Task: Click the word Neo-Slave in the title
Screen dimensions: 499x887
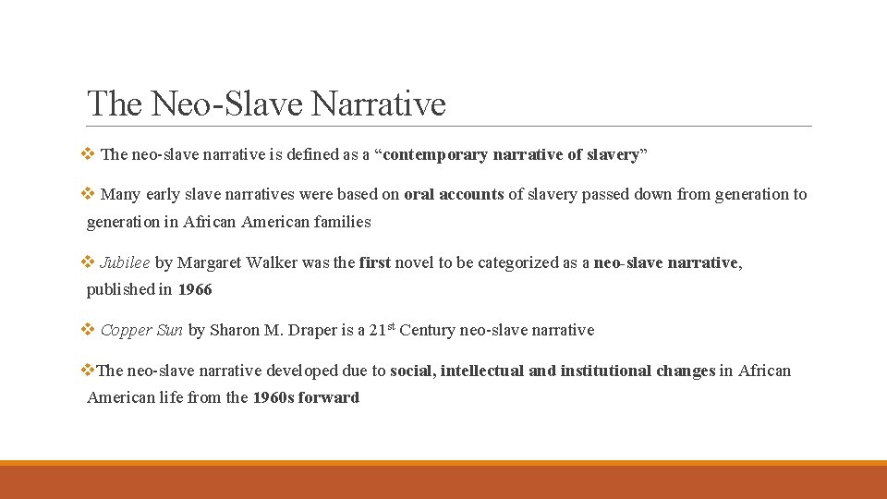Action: pyautogui.click(x=227, y=103)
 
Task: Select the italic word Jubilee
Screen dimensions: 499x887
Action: pyautogui.click(x=125, y=262)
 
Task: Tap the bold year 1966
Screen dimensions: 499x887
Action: pyautogui.click(x=195, y=289)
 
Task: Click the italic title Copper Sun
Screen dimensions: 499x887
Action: pyautogui.click(x=142, y=330)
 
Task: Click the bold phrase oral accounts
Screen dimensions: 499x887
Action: pyautogui.click(x=454, y=194)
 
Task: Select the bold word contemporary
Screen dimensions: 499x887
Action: pyautogui.click(x=435, y=154)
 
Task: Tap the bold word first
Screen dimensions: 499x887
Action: pyautogui.click(x=375, y=262)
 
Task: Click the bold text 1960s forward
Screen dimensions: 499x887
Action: pyautogui.click(x=306, y=397)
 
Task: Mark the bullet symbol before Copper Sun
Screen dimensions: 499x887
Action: pyautogui.click(x=89, y=330)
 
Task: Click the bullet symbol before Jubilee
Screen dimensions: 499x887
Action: pyautogui.click(x=89, y=262)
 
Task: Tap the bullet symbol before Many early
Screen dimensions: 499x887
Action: pyautogui.click(x=89, y=194)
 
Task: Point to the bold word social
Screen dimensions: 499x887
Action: pyautogui.click(x=412, y=371)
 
